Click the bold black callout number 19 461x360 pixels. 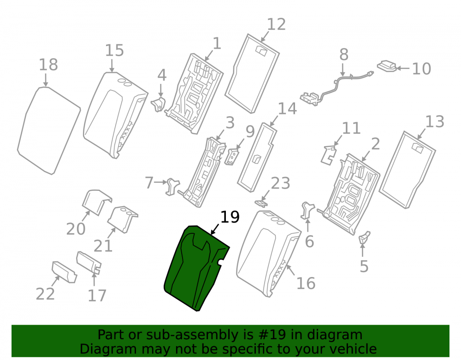tap(230, 217)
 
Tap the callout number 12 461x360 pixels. tap(276, 24)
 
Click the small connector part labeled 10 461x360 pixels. tap(387, 66)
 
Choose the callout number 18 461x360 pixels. tap(48, 65)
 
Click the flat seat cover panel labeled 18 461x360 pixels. tap(48, 131)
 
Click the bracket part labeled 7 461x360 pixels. tap(172, 186)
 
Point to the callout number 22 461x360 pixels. tap(45, 294)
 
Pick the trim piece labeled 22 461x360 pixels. tap(65, 272)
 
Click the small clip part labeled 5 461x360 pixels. tap(364, 237)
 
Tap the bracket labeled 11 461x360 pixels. tap(329, 155)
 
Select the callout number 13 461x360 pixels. tap(435, 122)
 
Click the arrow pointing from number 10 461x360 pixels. tap(403, 69)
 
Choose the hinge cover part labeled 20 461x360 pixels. tap(96, 202)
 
